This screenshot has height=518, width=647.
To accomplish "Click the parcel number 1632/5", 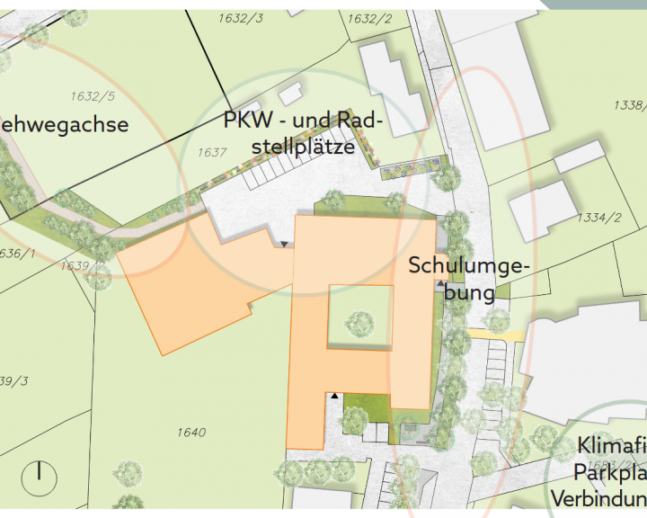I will [x=93, y=95].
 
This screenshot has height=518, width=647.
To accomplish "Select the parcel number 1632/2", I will [x=369, y=18].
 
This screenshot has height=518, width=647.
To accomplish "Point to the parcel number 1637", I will [x=211, y=153].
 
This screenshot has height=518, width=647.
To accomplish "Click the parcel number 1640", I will [x=191, y=433].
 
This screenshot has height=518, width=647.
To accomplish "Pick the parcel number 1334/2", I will [x=600, y=218].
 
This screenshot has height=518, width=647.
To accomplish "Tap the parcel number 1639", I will [x=75, y=266].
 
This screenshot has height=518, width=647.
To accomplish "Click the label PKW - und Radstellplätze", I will [x=303, y=133].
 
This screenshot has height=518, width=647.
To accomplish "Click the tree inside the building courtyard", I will [x=360, y=321].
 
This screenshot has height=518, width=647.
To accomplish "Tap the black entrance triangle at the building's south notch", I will [x=335, y=395].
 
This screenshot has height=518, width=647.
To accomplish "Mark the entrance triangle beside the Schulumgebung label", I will [x=439, y=284].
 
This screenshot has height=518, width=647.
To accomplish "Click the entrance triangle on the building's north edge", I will [x=285, y=244].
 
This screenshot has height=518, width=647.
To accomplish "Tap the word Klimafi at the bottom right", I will [x=611, y=445].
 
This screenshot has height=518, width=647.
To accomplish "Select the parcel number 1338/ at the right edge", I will [x=629, y=106].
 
